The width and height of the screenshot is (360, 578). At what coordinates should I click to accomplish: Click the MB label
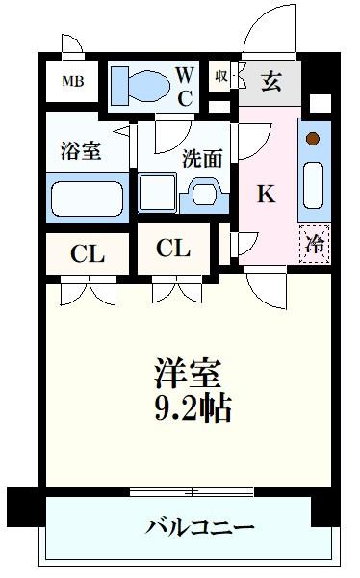coord(73,81)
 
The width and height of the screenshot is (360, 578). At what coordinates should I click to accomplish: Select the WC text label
coord(187,84)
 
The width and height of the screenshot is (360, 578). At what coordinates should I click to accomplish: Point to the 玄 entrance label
coord(270,81)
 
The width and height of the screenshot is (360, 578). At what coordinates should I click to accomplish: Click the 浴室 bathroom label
coord(81,151)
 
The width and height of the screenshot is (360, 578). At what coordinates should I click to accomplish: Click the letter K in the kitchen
coord(265,194)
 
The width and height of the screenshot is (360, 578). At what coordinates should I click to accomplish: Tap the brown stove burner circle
coord(312,138)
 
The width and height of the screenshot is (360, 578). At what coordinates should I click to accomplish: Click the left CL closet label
coord(88,254)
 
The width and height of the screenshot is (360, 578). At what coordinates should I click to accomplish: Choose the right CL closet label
coord(173,249)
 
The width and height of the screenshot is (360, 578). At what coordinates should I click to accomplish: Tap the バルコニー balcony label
coord(200,527)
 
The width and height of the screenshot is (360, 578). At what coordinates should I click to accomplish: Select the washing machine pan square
coord(157,194)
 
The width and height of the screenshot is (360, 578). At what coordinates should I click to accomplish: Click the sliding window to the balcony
coord(193,492)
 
